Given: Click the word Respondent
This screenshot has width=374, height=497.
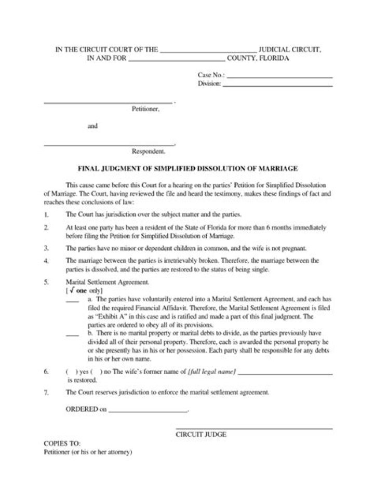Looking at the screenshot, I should tap(149, 152).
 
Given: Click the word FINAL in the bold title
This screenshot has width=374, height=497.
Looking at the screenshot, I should tap(87, 169).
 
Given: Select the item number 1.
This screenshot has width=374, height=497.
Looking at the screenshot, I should tap(47, 214).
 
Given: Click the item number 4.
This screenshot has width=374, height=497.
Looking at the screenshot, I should tap(47, 261).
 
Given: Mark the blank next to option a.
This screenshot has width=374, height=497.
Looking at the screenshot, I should tap(72, 301).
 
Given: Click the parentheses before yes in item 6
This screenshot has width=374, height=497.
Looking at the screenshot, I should tap(70, 372).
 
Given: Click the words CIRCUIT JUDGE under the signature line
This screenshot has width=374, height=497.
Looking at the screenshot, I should tap(201, 435).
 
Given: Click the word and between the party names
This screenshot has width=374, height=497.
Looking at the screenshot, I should tap(92, 126).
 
